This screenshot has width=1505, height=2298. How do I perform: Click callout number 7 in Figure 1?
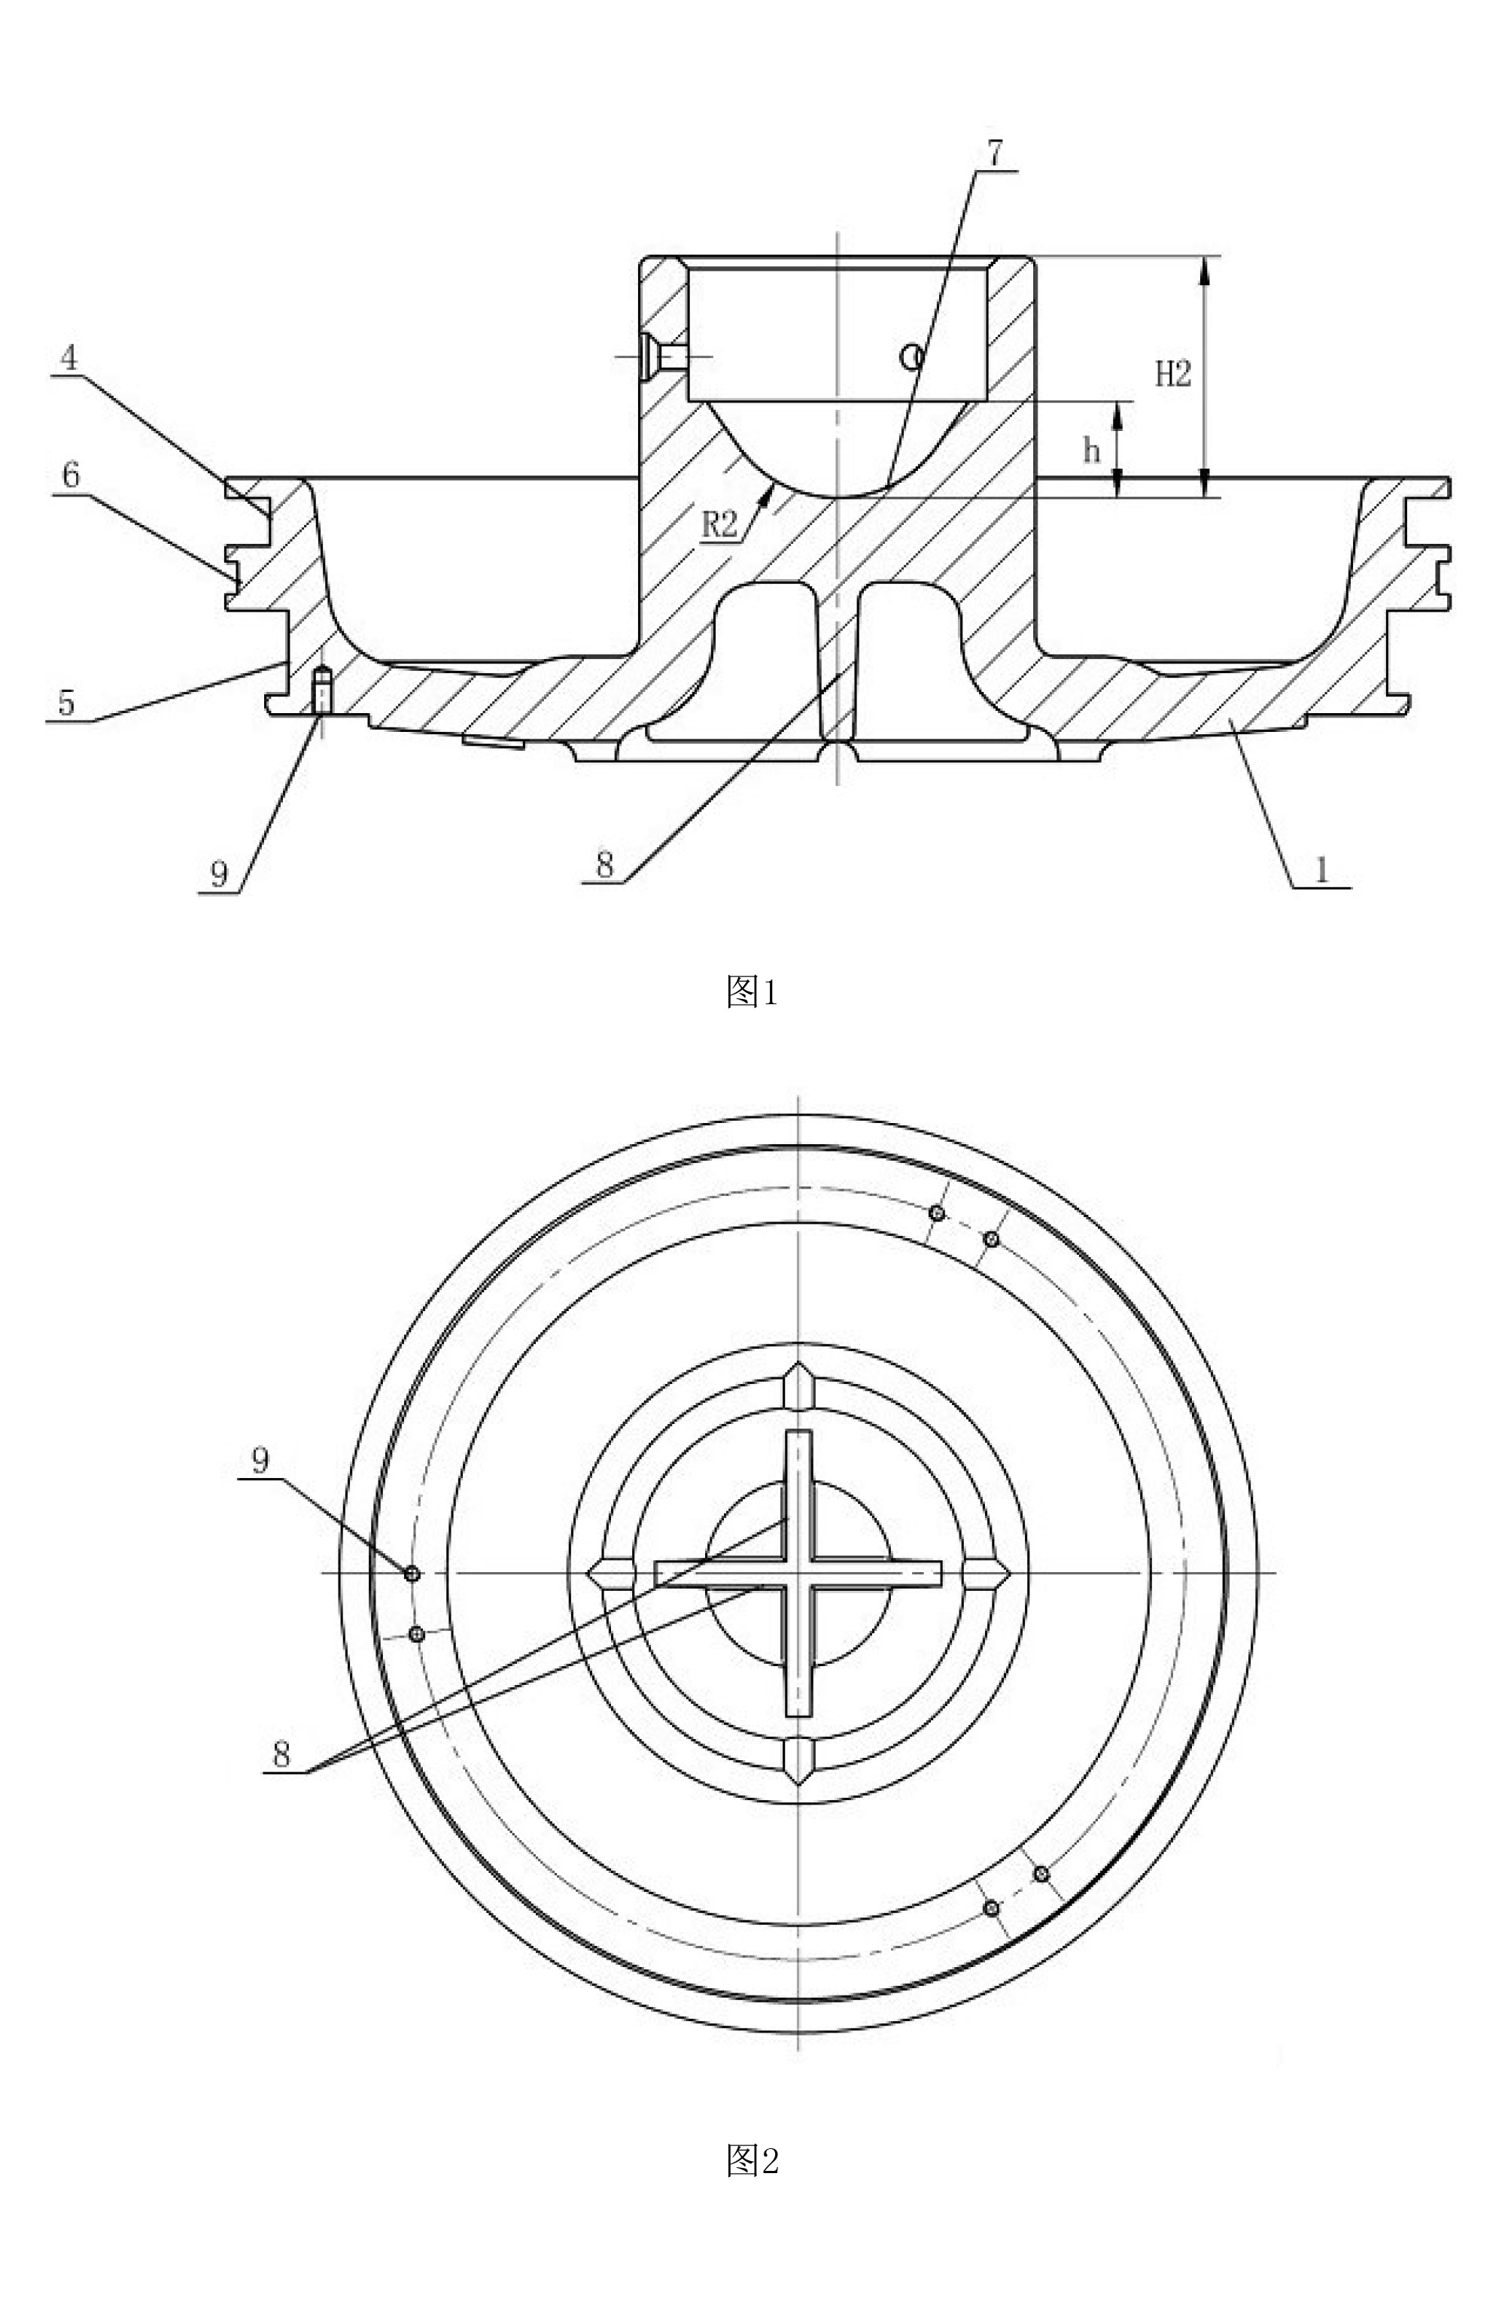[x=994, y=153]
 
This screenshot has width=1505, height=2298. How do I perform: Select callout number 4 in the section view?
[x=68, y=358]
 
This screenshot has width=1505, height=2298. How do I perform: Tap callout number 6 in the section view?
[x=71, y=475]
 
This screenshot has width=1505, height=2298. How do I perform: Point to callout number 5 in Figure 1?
[x=65, y=702]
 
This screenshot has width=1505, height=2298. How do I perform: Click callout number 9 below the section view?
[x=219, y=874]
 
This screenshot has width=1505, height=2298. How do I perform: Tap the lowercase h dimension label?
[x=1092, y=450]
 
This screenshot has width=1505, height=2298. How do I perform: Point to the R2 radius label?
[x=719, y=524]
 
